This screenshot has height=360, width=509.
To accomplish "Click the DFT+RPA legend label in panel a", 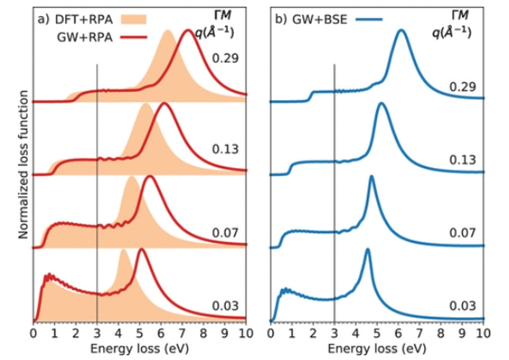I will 83,20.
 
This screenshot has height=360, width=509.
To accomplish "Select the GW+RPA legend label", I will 84,37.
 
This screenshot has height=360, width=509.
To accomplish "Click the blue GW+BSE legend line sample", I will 369,20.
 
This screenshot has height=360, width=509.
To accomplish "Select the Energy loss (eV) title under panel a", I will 140,346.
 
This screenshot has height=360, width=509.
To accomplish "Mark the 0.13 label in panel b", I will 462,160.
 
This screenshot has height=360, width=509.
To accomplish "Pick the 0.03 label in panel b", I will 462,306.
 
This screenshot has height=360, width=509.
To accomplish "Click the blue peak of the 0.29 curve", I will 402,30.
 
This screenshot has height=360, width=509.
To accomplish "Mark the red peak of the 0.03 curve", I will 141,250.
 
